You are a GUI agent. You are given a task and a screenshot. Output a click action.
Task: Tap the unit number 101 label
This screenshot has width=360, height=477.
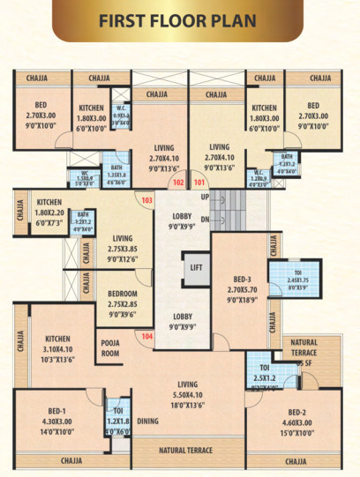[x=199, y=183]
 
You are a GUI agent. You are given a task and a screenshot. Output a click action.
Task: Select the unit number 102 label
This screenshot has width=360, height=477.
[x=179, y=183]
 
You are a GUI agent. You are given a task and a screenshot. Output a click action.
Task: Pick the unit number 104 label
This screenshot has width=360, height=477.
[x=146, y=337]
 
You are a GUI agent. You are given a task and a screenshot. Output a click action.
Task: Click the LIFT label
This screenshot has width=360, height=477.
[x=195, y=264]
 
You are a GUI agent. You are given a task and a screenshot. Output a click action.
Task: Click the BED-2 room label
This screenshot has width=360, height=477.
[x=303, y=411]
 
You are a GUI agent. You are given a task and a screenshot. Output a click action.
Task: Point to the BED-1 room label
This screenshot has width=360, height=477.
[x=57, y=411]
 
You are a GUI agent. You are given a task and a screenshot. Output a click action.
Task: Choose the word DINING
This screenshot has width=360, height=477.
[x=148, y=421]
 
